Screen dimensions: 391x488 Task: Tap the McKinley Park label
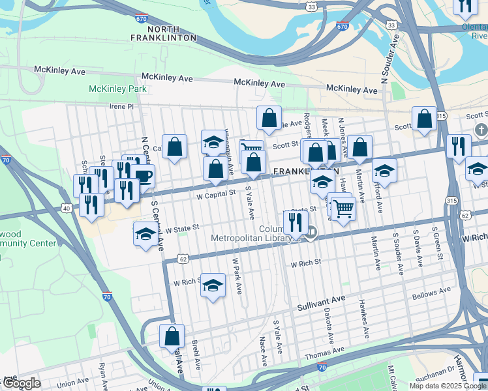(118, 89)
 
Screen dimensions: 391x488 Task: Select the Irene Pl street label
(121, 106)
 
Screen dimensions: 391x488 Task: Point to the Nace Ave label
(264, 351)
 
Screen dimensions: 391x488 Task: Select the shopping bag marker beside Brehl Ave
(172, 336)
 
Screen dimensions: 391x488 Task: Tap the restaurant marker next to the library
(296, 222)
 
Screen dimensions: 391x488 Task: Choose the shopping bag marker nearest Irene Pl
(269, 118)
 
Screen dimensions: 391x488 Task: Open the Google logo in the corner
(22, 383)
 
